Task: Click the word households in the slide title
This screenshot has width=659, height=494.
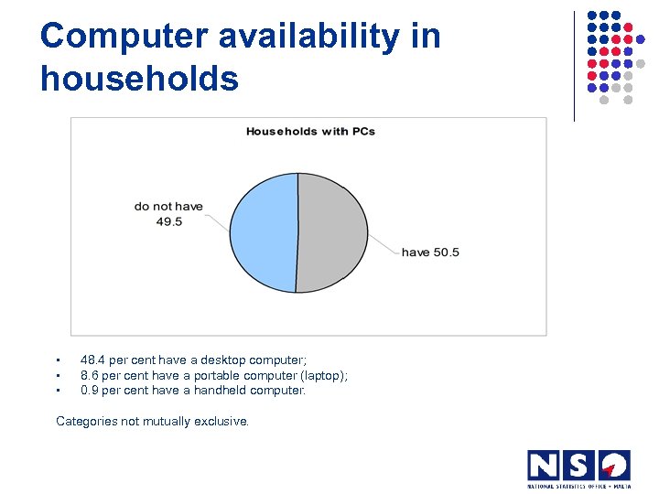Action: (x=139, y=79)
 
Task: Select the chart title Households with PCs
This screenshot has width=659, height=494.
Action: (x=310, y=131)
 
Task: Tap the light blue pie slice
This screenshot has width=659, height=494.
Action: (x=263, y=232)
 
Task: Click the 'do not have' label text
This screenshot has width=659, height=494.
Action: (x=168, y=207)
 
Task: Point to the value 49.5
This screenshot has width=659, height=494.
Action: (x=168, y=221)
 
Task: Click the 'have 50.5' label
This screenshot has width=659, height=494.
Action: (x=430, y=252)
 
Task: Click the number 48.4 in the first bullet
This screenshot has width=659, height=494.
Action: (x=94, y=360)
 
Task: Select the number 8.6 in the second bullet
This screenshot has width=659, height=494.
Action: (x=91, y=375)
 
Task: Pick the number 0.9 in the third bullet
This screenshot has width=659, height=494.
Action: (x=91, y=390)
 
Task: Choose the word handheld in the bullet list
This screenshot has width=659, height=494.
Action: (x=220, y=390)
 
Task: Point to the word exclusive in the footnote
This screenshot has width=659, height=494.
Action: (x=221, y=421)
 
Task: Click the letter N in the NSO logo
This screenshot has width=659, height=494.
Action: (x=544, y=466)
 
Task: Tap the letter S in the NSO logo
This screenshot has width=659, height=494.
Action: (x=578, y=466)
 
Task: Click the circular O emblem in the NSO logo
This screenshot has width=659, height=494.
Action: (x=613, y=466)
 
